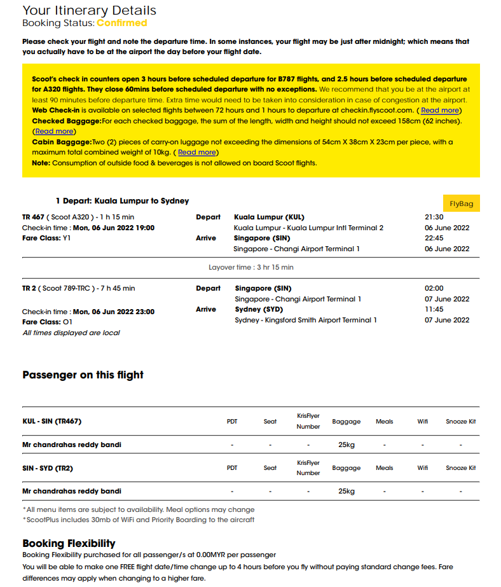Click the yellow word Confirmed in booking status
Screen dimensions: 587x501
[121, 23]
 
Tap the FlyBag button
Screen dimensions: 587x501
[462, 204]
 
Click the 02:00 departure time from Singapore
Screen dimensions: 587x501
[434, 288]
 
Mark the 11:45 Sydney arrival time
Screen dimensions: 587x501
[434, 309]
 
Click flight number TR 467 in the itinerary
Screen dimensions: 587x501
[33, 217]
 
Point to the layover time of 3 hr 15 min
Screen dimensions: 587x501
[251, 267]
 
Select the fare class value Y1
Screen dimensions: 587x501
[67, 238]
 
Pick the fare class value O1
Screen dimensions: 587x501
[67, 322]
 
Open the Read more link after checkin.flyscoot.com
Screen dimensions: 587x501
[439, 110]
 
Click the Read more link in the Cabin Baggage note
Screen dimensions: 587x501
[196, 153]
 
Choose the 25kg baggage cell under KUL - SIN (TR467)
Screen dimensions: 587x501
[346, 445]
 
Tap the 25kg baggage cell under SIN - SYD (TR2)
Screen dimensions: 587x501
[346, 491]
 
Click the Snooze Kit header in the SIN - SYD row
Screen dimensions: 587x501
[460, 468]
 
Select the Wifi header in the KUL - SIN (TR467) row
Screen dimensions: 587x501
[423, 422]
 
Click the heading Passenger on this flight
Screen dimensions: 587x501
[83, 375]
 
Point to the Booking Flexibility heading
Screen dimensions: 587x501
[69, 543]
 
